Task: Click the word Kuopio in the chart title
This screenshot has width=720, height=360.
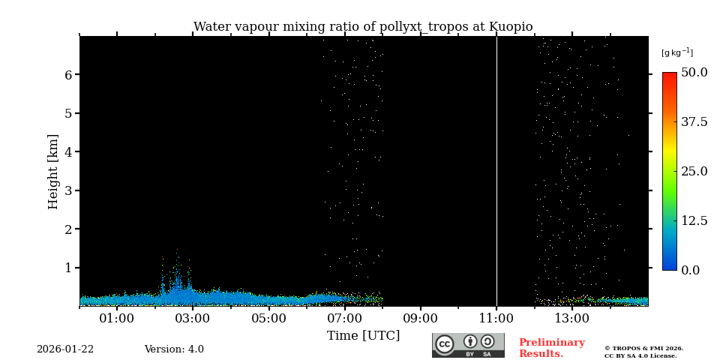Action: pos(511,27)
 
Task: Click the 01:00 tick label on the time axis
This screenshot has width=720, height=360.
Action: pos(117,318)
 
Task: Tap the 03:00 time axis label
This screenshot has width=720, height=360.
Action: pos(193,318)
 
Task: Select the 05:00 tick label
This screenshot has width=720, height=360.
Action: pos(268,318)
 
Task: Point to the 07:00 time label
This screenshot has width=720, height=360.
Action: pos(344,318)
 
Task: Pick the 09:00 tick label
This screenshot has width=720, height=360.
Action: pos(420,318)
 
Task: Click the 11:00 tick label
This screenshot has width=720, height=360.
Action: pos(496,318)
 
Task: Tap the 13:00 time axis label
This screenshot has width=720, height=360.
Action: pos(571,318)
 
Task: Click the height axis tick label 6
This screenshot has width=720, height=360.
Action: pos(68,75)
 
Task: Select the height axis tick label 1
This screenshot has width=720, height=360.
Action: pos(68,268)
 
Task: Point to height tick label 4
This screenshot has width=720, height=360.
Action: pos(68,152)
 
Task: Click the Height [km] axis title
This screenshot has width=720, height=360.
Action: pos(53,171)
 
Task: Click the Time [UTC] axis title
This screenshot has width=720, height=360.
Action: pos(364,335)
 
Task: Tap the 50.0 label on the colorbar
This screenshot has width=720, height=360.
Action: pos(694,73)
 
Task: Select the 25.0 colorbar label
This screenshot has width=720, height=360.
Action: pos(694,171)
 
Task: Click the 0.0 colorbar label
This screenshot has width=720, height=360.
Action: pos(691,270)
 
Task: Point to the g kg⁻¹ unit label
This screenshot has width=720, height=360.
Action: pos(676,52)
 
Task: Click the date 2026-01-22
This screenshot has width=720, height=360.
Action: pos(65,349)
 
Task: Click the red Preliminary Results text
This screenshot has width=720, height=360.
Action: pos(551,348)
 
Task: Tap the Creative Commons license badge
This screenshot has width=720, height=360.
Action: pos(468,345)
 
